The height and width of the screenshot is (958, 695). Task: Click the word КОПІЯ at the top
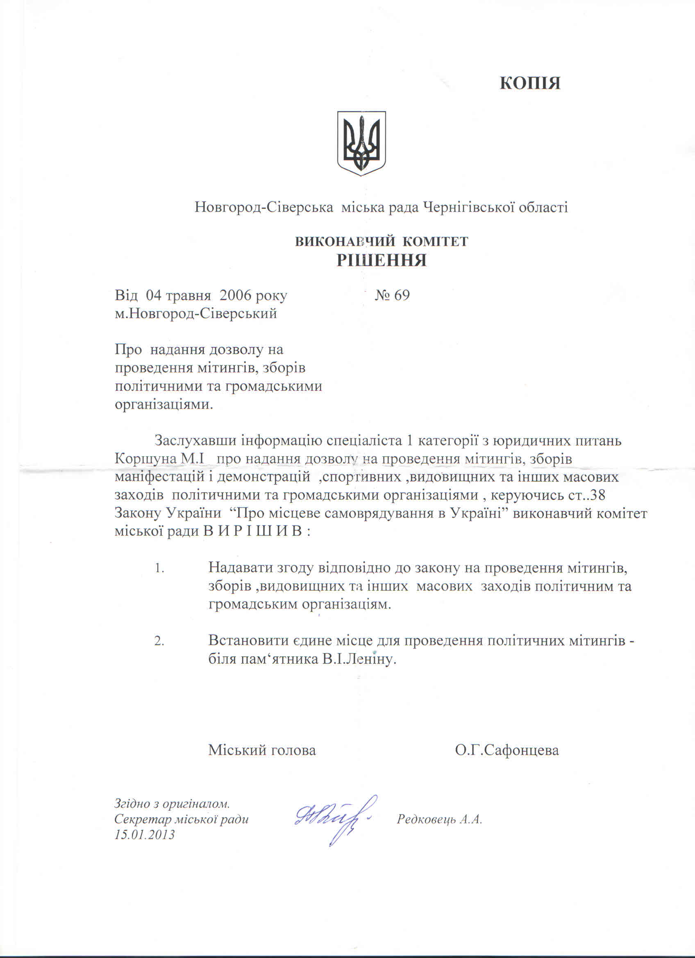pos(530,83)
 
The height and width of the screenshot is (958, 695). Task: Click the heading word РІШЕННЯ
pos(382,260)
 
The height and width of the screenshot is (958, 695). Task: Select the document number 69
pos(401,295)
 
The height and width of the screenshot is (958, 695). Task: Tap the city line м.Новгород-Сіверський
pos(196,313)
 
